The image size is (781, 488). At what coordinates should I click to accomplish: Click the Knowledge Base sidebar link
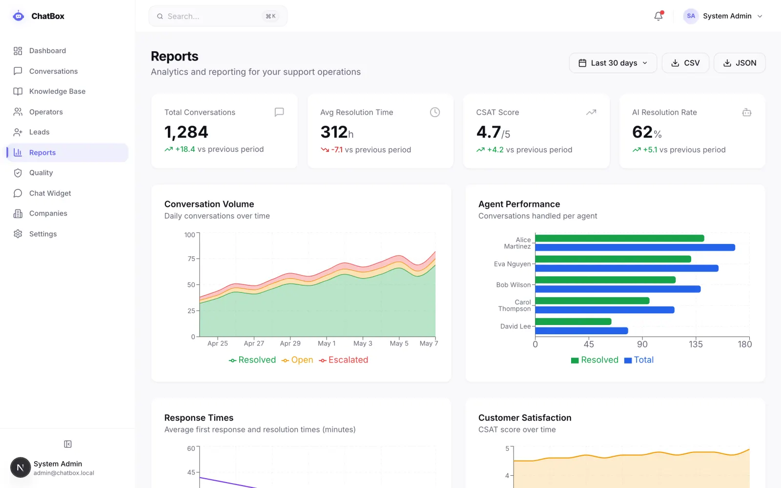coord(57,91)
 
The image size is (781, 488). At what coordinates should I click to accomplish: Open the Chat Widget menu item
coord(50,193)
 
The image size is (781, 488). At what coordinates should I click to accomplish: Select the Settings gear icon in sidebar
coord(18,234)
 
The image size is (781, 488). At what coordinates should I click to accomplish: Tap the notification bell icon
coord(658,16)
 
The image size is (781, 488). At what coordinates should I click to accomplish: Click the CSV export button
coord(685,63)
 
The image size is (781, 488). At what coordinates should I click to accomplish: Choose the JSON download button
coord(740,63)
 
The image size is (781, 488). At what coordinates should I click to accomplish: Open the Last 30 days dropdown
coord(613,63)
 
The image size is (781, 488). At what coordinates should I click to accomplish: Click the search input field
coord(218,16)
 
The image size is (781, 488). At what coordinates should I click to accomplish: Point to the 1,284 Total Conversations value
coord(186,132)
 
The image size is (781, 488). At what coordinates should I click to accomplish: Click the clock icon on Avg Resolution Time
coord(435,112)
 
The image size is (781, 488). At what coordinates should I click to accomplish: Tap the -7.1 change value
coord(337,149)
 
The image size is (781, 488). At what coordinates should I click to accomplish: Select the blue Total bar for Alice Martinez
coord(635,247)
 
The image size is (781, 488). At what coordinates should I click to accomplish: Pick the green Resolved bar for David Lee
coord(573,322)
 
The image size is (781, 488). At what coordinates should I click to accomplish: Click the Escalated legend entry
coord(344,360)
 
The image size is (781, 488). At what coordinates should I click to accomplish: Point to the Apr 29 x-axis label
coord(290,344)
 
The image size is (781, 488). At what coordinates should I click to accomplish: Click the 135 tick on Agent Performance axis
coord(696,345)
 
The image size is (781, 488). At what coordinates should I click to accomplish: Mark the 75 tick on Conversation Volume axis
coord(191,259)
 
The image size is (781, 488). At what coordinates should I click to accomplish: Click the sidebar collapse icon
coord(68,444)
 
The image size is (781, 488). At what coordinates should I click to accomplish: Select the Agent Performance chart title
coord(519,204)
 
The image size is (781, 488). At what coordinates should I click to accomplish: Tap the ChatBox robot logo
coord(18,16)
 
